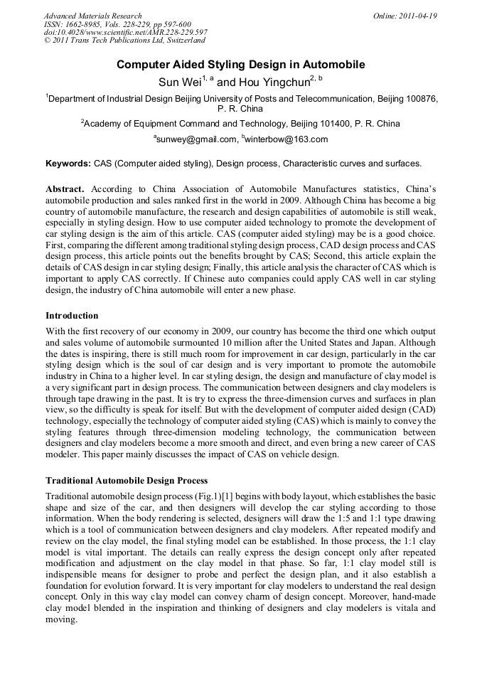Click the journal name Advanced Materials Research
point(92,16)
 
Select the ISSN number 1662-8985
point(85,24)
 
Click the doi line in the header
point(125,33)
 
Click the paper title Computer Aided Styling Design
point(240,65)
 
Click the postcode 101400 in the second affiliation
point(333,123)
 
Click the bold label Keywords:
point(68,164)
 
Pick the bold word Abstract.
point(65,190)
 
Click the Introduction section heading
point(72,315)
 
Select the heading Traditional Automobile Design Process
point(127,481)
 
